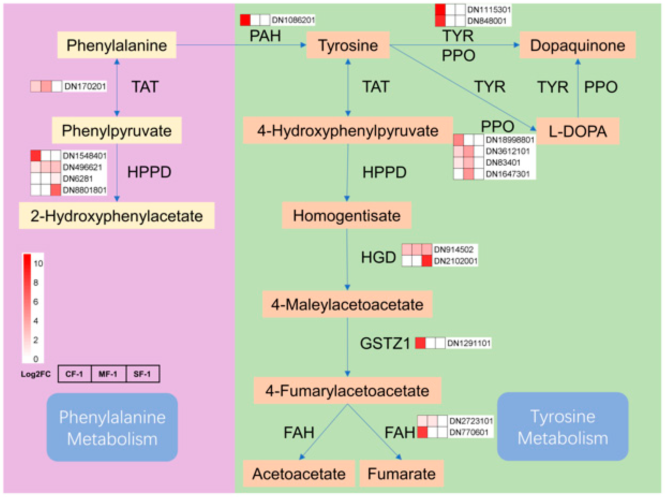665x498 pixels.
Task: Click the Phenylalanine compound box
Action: point(117,45)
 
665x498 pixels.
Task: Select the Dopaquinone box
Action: point(577,45)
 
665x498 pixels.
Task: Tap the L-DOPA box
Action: point(577,131)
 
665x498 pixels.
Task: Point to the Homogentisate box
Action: point(346,215)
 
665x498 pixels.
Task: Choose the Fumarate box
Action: point(401,474)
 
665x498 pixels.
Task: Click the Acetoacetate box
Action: point(299,474)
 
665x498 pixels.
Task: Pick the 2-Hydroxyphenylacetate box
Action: point(117,216)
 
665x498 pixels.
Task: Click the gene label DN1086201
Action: point(293,20)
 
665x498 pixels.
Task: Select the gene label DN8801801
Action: point(84,190)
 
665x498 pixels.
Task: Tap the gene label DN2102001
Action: point(455,261)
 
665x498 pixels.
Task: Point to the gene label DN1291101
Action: point(469,343)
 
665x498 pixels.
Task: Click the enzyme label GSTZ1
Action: point(385,343)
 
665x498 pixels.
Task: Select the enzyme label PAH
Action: point(265,36)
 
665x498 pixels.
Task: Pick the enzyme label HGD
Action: point(378,257)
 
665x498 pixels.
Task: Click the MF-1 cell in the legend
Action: point(108,374)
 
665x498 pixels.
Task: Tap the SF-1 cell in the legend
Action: point(142,374)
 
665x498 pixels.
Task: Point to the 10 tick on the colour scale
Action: point(38,264)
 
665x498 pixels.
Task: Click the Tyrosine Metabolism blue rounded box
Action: point(562,427)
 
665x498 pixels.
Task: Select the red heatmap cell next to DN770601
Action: point(422,432)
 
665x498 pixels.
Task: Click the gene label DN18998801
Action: point(510,140)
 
